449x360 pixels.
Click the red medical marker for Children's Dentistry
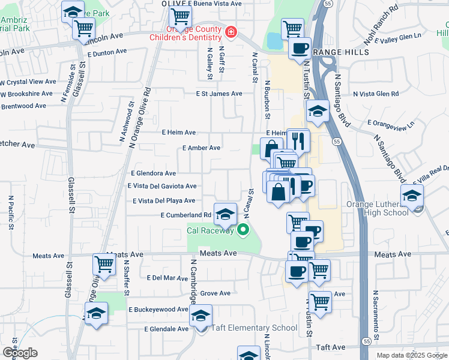click(x=231, y=31)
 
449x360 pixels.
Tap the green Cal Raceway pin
click(x=243, y=229)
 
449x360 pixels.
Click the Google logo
click(x=20, y=353)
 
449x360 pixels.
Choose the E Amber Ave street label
click(x=201, y=148)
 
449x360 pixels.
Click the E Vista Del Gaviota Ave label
click(x=161, y=186)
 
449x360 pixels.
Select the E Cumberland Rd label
click(x=185, y=215)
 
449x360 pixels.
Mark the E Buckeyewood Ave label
click(x=158, y=310)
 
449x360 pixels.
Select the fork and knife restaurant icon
click(x=298, y=140)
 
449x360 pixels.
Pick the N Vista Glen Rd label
click(x=376, y=94)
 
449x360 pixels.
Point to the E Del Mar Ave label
click(x=167, y=278)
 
